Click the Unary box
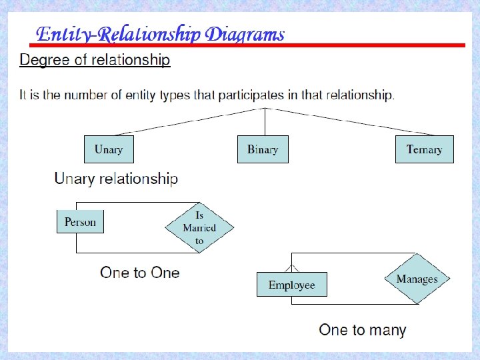(x=109, y=149)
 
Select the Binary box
(x=263, y=149)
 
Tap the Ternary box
(x=424, y=149)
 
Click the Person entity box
(x=80, y=222)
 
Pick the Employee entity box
(x=291, y=285)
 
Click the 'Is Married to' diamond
(x=199, y=227)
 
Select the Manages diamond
(x=417, y=279)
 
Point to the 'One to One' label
(x=140, y=273)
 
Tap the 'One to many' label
(x=362, y=329)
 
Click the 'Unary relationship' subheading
(x=116, y=179)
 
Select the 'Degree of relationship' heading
(x=95, y=60)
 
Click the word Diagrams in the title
(x=245, y=34)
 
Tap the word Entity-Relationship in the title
(x=119, y=34)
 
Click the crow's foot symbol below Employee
(x=291, y=301)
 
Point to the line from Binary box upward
(x=265, y=121)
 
